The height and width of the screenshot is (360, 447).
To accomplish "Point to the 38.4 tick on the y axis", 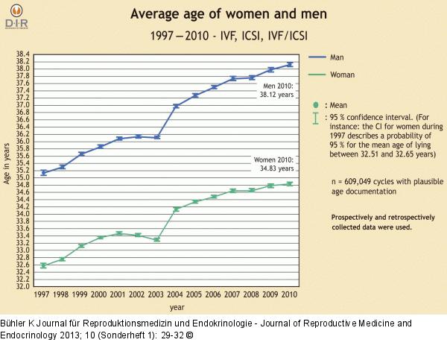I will click(22, 54).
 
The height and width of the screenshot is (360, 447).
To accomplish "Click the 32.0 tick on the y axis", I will click(22, 286).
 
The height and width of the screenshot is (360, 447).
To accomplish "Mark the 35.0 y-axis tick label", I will click(22, 177).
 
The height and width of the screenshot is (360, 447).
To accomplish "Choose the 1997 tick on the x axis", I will click(43, 295).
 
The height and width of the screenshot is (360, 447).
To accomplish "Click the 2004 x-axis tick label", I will click(176, 295).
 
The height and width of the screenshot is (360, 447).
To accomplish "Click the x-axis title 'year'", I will click(177, 307).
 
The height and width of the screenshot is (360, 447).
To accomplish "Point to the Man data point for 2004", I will click(177, 106).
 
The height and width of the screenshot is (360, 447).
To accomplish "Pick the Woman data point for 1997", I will click(43, 265).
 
